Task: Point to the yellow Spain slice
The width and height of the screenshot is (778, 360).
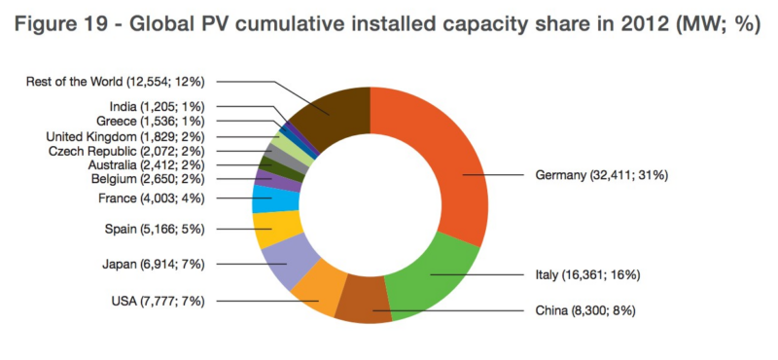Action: (275, 229)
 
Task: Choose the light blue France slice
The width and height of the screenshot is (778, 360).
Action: (274, 198)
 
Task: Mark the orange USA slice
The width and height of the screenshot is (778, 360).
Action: (318, 296)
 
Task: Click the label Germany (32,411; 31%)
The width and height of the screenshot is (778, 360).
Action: (601, 175)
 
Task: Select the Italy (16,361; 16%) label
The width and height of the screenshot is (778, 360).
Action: (587, 274)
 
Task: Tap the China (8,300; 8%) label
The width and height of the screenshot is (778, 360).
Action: (585, 311)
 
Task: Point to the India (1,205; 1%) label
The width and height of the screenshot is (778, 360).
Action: (157, 106)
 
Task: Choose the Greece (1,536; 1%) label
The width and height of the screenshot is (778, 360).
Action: (150, 122)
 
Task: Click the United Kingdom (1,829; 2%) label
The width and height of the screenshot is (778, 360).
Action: (125, 136)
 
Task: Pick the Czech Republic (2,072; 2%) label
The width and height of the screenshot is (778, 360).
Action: (126, 151)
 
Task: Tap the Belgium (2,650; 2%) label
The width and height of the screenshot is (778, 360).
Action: (148, 179)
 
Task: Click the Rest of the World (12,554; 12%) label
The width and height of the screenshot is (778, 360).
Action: (115, 82)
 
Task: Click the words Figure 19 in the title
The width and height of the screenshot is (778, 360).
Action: (60, 25)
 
